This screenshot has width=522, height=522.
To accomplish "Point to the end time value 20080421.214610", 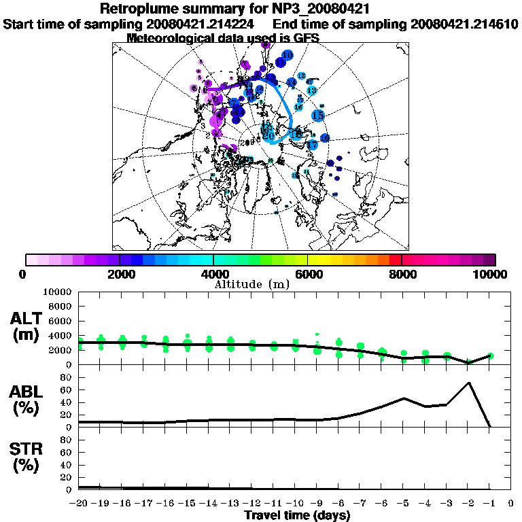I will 465,24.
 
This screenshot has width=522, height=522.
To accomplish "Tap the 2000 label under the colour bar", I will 119,274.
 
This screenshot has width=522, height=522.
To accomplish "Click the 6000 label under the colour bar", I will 307,274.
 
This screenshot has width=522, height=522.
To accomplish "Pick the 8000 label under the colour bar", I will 402,274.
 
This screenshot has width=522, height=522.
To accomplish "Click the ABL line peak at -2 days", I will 468,383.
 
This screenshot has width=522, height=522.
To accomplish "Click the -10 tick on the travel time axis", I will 296,504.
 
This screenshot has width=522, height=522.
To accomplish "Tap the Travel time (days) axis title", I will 297,516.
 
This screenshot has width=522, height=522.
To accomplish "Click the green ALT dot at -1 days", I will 490,355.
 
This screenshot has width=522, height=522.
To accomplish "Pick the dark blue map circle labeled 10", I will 288,55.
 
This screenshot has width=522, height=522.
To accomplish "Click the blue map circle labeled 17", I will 313,145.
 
